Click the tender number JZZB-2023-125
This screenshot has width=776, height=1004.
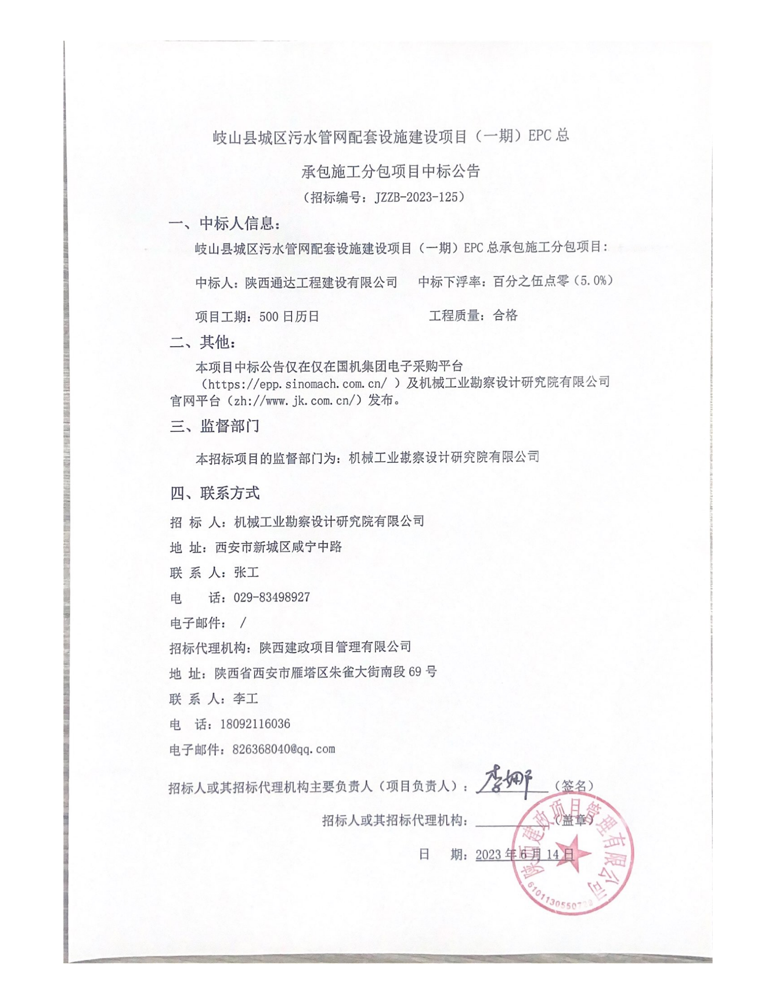pyautogui.click(x=416, y=197)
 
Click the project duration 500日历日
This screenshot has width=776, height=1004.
pyautogui.click(x=288, y=316)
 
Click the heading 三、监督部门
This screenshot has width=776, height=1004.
pyautogui.click(x=214, y=426)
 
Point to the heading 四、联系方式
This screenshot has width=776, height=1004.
pyautogui.click(x=214, y=493)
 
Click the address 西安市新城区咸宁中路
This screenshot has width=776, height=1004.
pyautogui.click(x=278, y=547)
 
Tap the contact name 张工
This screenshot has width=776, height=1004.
pyautogui.click(x=246, y=572)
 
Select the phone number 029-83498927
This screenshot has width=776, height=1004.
pyautogui.click(x=272, y=598)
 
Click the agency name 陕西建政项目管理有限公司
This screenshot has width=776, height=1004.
pyautogui.click(x=335, y=647)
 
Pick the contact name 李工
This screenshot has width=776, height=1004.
pyautogui.click(x=246, y=699)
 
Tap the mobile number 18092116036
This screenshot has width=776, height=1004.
pyautogui.click(x=255, y=724)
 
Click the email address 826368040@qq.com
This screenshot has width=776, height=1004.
pyautogui.click(x=283, y=749)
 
